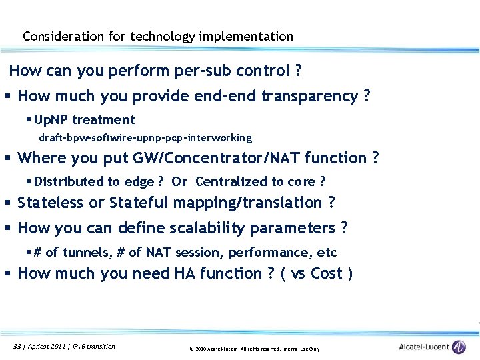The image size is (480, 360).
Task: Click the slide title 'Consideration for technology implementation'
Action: (x=158, y=37)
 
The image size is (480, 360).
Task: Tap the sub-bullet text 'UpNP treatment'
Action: (x=84, y=120)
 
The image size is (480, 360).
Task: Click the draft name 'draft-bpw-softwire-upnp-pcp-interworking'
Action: (x=145, y=138)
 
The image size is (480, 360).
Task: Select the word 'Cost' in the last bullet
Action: (x=327, y=274)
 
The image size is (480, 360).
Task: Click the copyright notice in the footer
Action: (x=255, y=349)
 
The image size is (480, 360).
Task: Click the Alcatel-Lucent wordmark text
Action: (x=423, y=347)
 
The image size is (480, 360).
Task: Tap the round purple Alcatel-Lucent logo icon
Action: (x=459, y=347)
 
